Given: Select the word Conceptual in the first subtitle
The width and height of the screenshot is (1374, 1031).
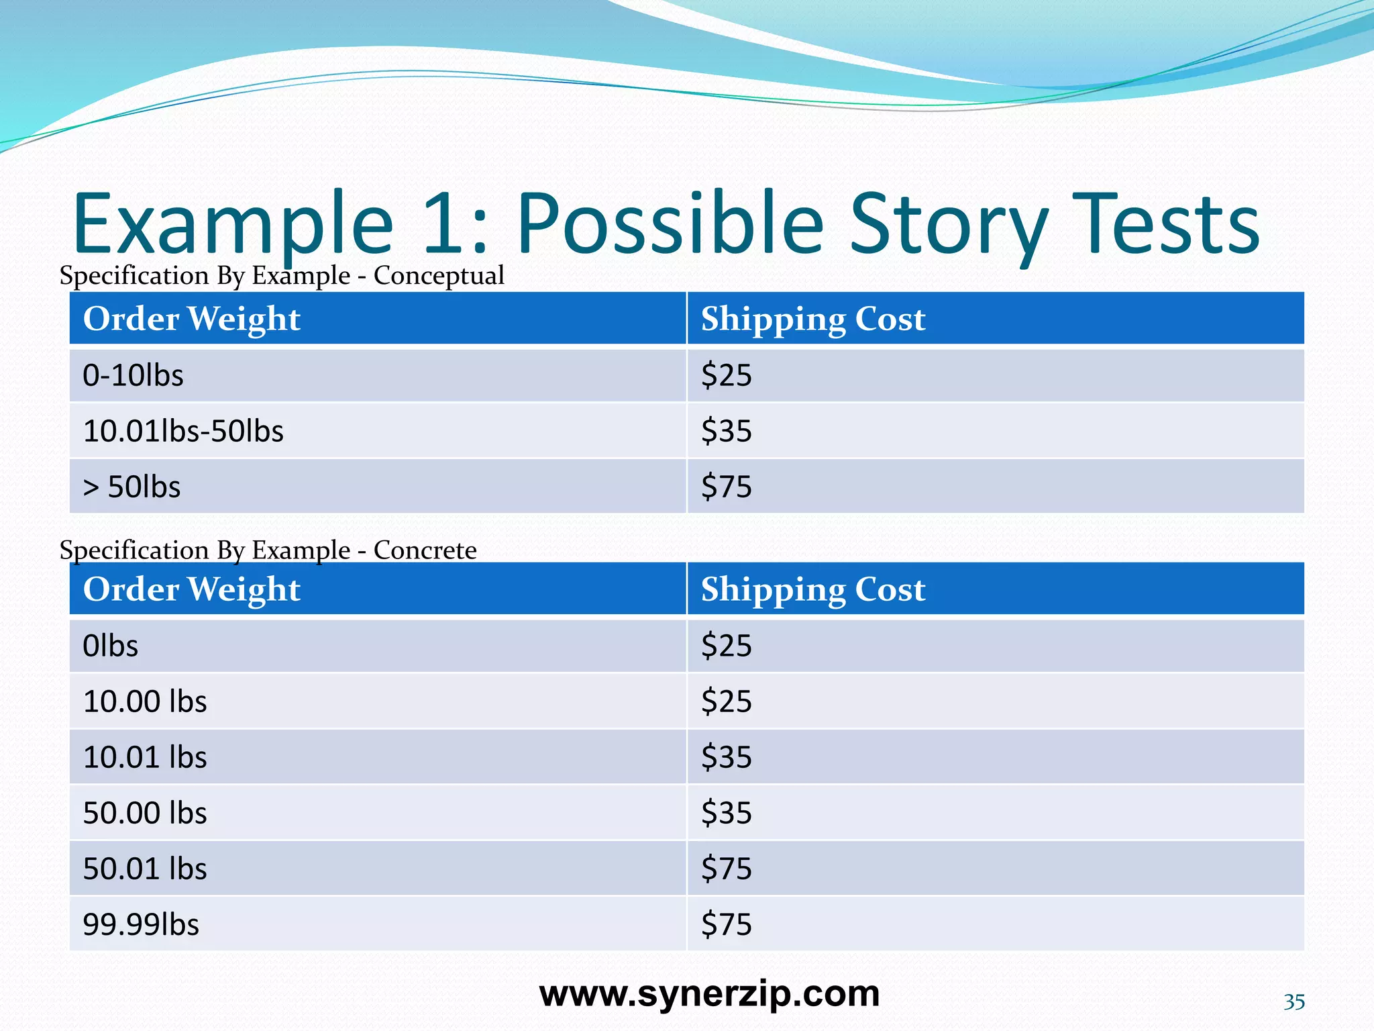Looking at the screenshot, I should coord(438,276).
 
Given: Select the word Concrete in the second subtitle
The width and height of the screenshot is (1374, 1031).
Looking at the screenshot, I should coord(425,550).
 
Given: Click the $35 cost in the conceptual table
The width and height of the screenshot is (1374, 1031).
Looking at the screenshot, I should coord(726,431).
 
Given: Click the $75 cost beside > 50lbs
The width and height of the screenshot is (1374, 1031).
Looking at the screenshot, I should coord(726,487).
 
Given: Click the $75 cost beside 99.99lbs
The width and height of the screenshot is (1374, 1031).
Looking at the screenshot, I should coord(726,924).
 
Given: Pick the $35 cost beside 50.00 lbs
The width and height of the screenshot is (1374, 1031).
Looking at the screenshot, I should coord(726,813).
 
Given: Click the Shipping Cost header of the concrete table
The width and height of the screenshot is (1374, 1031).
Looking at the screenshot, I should coord(812,589).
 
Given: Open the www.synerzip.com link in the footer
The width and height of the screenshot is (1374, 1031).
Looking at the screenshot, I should coord(709,994).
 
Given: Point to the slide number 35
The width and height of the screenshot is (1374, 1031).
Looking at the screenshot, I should coord(1293,1002).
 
